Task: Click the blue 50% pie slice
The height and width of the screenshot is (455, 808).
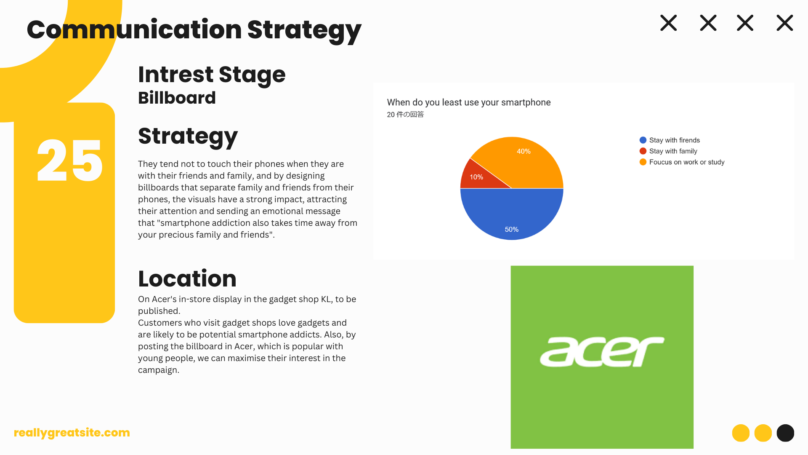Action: point(512,215)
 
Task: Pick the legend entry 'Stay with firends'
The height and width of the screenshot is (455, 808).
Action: point(670,140)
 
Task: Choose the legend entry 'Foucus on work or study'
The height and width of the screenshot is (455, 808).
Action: point(682,162)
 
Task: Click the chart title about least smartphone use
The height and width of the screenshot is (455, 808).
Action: point(469,102)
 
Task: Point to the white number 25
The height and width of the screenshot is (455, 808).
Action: point(69,161)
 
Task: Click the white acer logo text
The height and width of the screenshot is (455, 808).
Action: point(602,351)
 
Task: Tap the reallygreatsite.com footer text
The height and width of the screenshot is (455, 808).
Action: point(72,433)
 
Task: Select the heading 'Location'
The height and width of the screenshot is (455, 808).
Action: point(187,278)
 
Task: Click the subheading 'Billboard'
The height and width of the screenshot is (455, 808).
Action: point(177,98)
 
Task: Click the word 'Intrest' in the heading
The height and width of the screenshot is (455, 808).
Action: point(176,75)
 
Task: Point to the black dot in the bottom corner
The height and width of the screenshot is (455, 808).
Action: point(785,433)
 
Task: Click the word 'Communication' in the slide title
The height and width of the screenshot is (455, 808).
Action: point(134,29)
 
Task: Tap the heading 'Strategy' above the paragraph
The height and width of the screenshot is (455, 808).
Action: point(188,136)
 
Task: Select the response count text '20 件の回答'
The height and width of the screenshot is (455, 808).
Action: point(405,115)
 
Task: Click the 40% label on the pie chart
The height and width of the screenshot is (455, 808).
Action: point(524,151)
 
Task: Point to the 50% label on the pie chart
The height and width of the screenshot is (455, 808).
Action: point(512,230)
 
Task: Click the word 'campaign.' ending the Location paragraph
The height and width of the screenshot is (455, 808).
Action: point(159,370)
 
